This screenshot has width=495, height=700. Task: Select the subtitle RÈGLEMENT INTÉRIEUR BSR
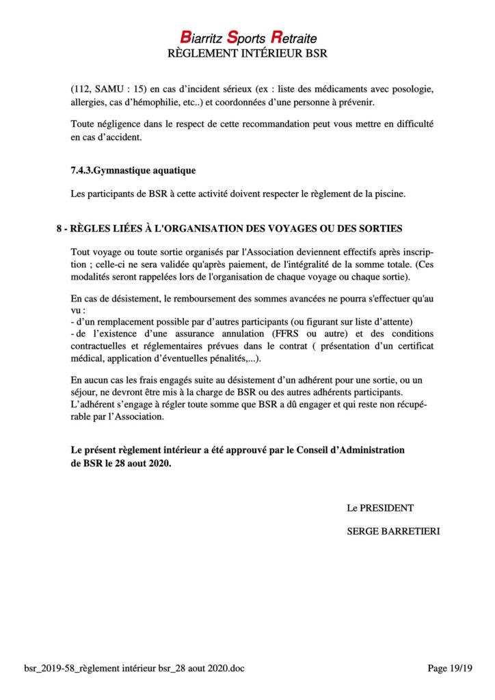click(247, 53)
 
